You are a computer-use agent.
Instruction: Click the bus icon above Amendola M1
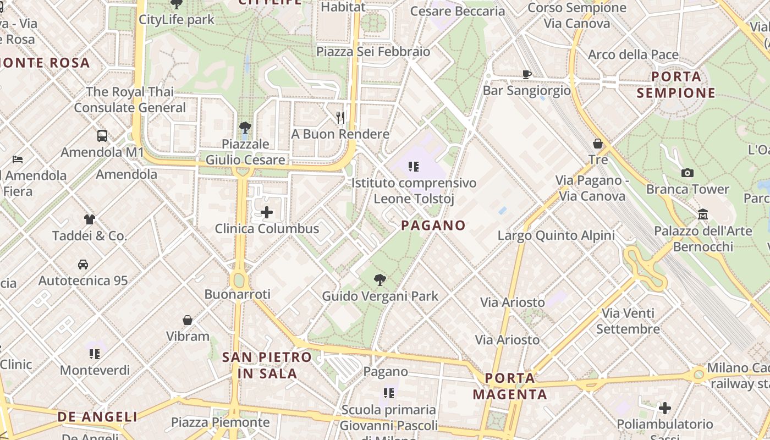click(102, 136)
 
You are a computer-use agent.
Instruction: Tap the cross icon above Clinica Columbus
click(267, 212)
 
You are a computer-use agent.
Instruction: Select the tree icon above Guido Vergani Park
click(380, 280)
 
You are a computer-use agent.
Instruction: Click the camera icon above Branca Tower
click(687, 173)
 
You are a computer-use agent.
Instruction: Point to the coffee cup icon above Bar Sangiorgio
click(526, 74)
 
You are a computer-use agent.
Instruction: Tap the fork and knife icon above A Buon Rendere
click(340, 117)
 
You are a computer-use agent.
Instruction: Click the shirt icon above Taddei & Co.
click(90, 219)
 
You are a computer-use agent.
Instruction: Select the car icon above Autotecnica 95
click(83, 265)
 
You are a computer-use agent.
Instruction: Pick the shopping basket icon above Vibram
click(188, 320)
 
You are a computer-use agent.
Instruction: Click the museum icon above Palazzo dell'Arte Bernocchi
click(702, 215)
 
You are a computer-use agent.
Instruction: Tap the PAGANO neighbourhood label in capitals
click(433, 225)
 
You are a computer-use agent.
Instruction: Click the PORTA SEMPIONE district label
click(676, 84)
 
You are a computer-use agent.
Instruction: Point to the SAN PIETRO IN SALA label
click(267, 365)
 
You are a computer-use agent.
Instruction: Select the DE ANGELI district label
click(97, 416)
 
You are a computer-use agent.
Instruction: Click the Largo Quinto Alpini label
click(556, 236)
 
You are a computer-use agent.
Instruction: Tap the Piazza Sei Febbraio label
click(373, 52)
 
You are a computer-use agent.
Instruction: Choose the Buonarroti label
click(238, 294)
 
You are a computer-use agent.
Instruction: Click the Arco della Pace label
click(633, 55)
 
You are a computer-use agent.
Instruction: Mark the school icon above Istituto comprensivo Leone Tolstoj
click(414, 166)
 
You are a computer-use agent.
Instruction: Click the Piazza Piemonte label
click(221, 422)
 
